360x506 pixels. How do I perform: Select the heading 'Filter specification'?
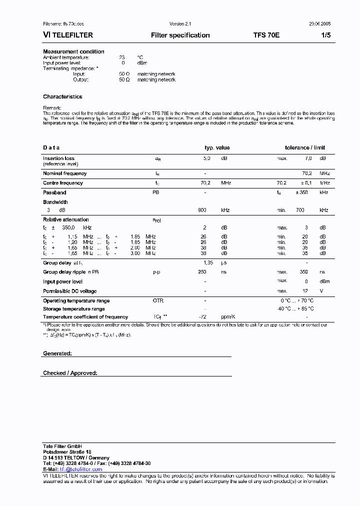180,35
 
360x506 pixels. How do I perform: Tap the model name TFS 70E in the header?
266,35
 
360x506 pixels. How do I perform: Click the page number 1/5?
325,35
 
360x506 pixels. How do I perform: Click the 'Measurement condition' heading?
73,51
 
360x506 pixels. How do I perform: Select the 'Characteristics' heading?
62,96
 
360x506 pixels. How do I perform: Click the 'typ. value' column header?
217,147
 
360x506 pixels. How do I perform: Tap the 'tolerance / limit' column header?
304,147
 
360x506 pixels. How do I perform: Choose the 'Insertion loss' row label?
58,158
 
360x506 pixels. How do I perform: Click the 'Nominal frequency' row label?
64,173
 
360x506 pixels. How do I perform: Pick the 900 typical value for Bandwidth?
202,210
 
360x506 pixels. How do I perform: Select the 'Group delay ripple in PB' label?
70,272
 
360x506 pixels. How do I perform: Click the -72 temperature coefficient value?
202,317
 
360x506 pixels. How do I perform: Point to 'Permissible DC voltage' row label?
69,291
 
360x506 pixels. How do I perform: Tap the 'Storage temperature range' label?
73,309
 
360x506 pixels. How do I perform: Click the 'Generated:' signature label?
57,353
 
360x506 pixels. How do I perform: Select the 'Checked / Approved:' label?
70,373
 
